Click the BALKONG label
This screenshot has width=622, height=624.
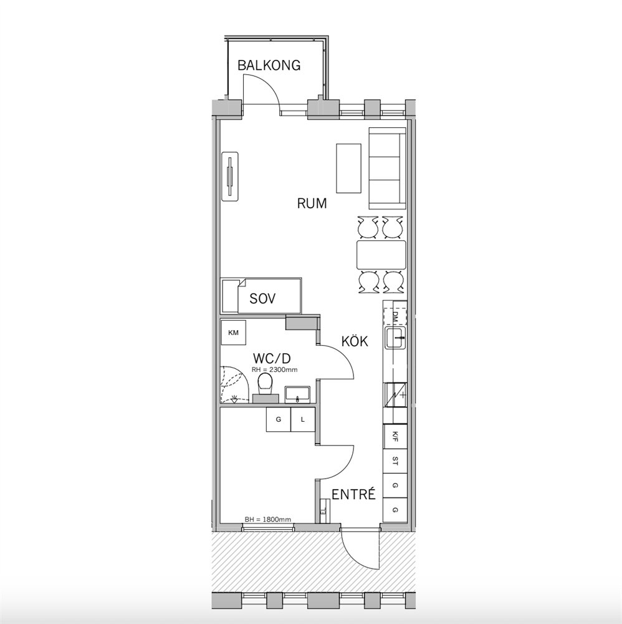[269, 66]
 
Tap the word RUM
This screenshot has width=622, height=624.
[312, 203]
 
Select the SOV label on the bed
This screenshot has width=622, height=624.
[263, 298]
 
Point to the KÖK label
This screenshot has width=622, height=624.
[355, 341]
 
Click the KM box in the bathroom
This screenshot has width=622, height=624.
[234, 333]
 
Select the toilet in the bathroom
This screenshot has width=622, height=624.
[265, 389]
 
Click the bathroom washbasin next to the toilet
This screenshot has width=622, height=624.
[298, 394]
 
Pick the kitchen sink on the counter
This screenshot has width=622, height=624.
[396, 338]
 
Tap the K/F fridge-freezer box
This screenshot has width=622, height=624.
[395, 437]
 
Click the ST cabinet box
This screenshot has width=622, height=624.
[395, 461]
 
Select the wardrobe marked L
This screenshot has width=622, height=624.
[303, 419]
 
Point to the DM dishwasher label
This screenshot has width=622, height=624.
[395, 316]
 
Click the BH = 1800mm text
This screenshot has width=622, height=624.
[268, 519]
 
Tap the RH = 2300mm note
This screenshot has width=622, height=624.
[275, 369]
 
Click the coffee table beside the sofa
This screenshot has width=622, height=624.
[348, 168]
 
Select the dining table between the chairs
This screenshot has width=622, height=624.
[381, 255]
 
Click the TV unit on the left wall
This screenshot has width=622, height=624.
[230, 177]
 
